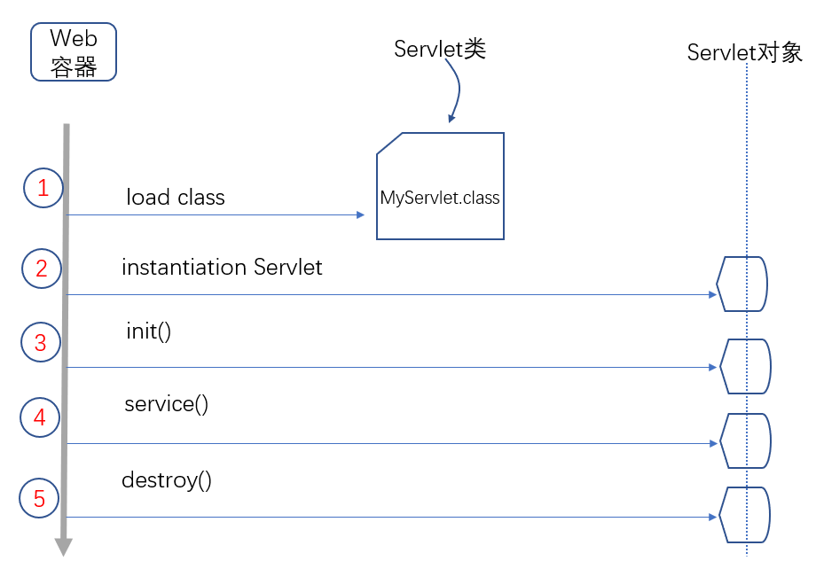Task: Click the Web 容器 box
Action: pos(74,51)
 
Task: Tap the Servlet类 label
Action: pos(440,50)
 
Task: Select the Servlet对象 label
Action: pos(745,53)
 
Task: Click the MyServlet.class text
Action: pos(440,198)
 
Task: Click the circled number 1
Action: pos(43,188)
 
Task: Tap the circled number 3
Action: pos(40,343)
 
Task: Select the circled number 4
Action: pos(39,417)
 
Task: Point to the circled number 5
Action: pos(39,499)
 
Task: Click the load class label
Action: pos(176,197)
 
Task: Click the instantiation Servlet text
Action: pos(222,267)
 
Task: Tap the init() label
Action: pos(148,332)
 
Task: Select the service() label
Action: pos(166,405)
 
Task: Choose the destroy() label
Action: pos(167,480)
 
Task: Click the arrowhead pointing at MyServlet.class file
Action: pos(360,214)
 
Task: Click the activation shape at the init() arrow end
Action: pos(745,366)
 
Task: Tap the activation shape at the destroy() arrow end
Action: pos(743,515)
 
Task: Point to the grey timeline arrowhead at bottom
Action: pos(63,547)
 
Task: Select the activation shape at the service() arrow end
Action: pos(744,440)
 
